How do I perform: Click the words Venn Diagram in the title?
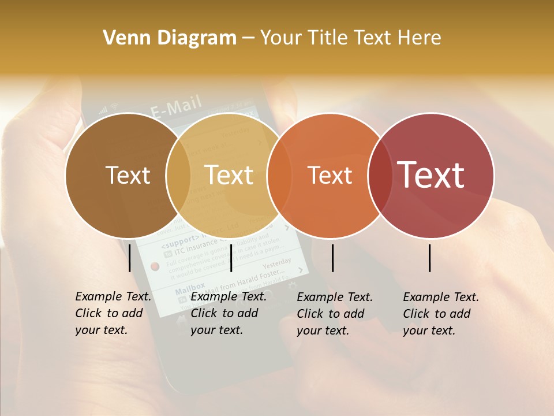(170, 38)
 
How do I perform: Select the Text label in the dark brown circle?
(128, 175)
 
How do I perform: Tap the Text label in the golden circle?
(229, 175)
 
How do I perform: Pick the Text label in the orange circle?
(330, 175)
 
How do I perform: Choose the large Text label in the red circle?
(431, 175)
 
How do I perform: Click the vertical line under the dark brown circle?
(130, 258)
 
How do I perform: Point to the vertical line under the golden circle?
(231, 258)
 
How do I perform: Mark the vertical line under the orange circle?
(332, 258)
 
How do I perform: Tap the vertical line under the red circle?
(430, 258)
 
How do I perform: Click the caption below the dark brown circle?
(113, 313)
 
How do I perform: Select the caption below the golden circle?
(229, 313)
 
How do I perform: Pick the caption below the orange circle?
(335, 313)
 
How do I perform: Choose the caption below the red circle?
(441, 313)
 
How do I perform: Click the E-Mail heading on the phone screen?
(176, 106)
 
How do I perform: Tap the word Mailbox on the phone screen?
(190, 287)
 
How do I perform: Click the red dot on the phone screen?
(155, 266)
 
